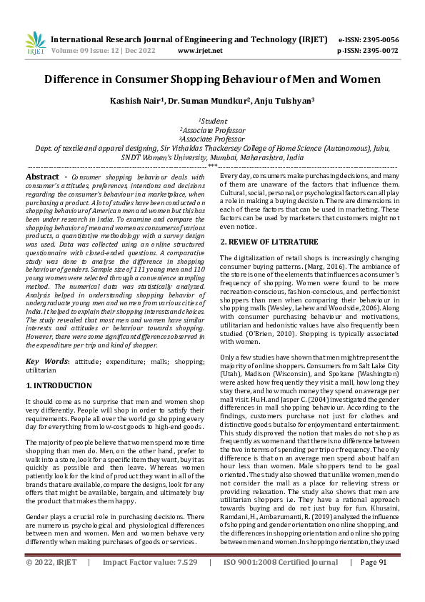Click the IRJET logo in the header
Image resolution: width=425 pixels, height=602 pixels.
click(x=35, y=44)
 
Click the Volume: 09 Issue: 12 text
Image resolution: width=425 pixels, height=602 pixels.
click(x=93, y=51)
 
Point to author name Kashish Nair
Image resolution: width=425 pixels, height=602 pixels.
click(x=136, y=102)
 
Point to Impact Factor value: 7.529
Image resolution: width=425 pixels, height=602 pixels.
click(x=149, y=583)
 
